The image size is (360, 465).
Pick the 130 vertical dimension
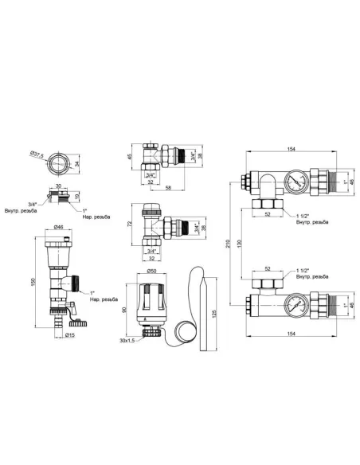click(239, 242)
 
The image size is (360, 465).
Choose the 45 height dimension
click(129, 157)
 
